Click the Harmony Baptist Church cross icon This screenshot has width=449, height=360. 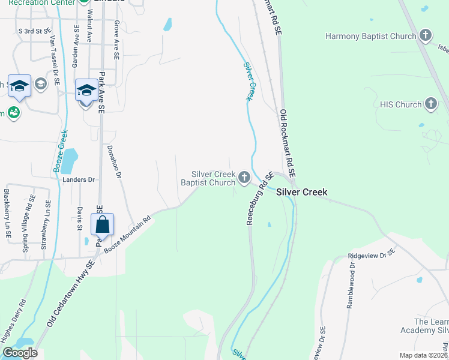(426, 35)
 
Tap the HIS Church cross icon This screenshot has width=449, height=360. (430, 104)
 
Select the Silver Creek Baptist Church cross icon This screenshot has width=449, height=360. (244, 177)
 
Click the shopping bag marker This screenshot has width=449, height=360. (103, 225)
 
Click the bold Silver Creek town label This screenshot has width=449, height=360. (302, 193)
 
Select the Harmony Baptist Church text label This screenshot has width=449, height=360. (370, 36)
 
